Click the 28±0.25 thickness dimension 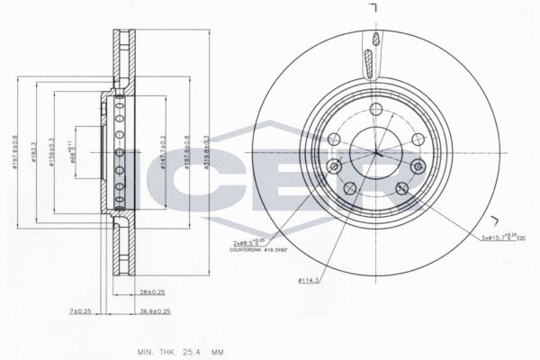click(150, 292)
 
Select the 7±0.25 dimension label click(80, 310)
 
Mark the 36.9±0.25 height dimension click(155, 310)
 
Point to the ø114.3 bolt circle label click(310, 280)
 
